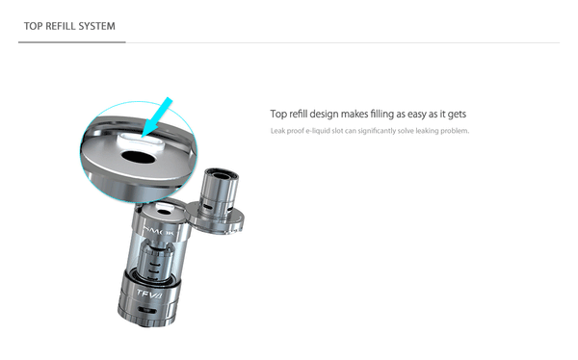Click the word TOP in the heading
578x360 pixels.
(x=33, y=26)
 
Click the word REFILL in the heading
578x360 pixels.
(x=60, y=26)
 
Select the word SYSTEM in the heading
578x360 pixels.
(x=97, y=26)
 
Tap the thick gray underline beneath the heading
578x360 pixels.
(x=72, y=42)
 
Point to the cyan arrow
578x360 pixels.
(x=156, y=117)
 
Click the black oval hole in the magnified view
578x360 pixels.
(x=138, y=157)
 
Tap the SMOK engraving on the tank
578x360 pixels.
(x=159, y=231)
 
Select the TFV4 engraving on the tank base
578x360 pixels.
(x=149, y=294)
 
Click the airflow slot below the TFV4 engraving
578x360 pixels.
(x=147, y=309)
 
